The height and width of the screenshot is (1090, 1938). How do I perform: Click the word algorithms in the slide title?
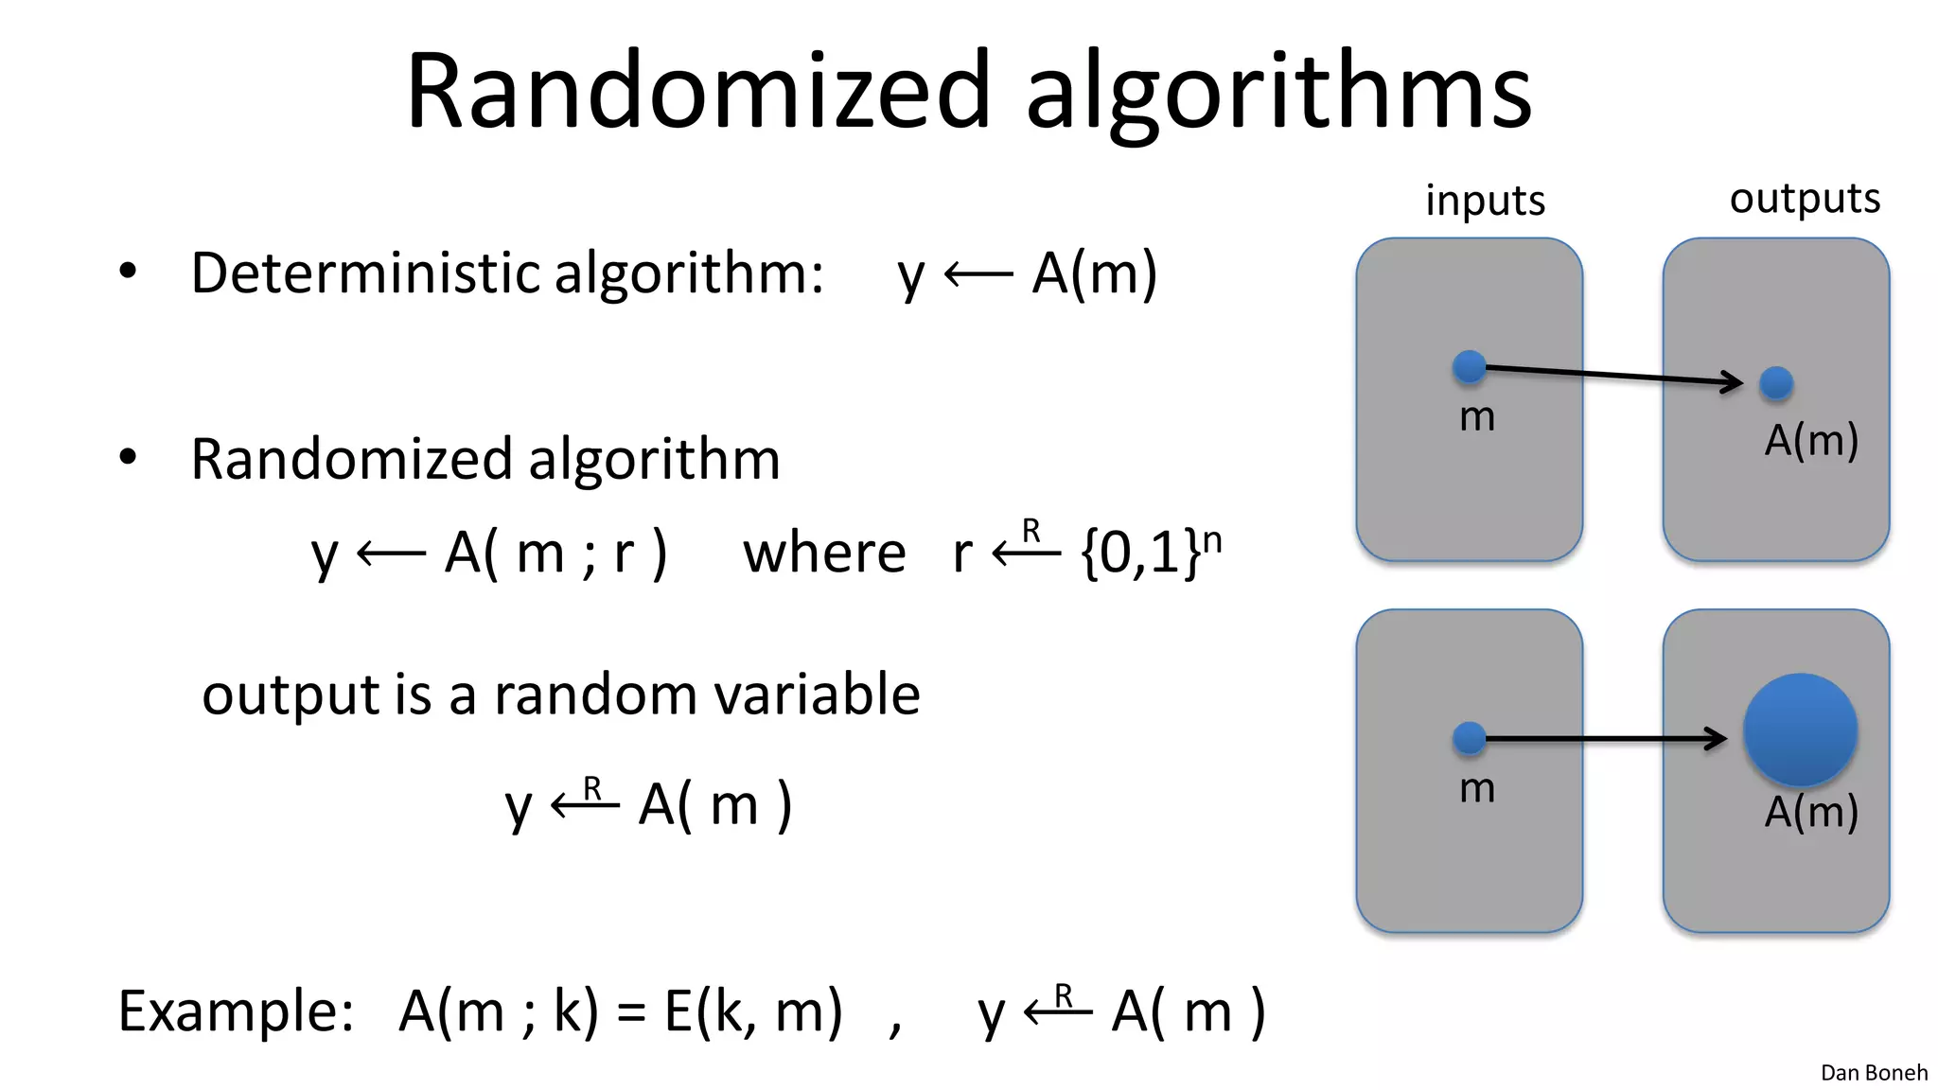1278,91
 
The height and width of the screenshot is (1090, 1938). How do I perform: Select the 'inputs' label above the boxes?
1485,201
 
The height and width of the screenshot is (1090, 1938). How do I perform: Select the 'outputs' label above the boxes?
1805,199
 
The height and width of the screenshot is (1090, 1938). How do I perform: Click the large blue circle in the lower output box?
1800,730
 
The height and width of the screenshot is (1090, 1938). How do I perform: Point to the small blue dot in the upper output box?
1776,383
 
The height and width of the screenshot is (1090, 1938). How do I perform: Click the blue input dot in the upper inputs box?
1469,366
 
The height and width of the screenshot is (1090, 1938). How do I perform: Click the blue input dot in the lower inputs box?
1469,738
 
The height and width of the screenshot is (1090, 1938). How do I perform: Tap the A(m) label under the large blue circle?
1811,812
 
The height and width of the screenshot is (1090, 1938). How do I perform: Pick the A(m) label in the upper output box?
1811,440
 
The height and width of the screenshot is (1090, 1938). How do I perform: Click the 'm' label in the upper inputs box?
1477,417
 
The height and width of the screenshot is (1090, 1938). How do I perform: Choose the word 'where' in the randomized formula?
824,553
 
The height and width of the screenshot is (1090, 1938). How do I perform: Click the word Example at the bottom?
236,1011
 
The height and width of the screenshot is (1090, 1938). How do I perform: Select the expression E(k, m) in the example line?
752,1011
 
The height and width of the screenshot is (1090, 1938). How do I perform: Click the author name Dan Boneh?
1874,1072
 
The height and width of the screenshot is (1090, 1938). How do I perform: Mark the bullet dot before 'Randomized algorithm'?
128,458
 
